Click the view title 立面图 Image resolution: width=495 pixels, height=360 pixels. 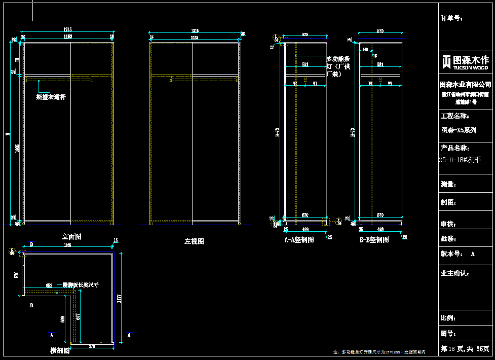click(x=71, y=236)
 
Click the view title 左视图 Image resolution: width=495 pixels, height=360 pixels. click(x=194, y=241)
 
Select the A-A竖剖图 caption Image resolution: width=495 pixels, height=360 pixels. click(x=299, y=240)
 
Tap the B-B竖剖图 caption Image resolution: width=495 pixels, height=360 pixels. click(x=374, y=240)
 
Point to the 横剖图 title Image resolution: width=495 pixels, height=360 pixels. click(x=60, y=351)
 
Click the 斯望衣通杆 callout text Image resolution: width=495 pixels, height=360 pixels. click(x=51, y=96)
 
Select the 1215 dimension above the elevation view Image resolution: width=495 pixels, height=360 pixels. click(x=67, y=29)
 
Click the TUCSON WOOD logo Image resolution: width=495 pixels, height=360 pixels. click(x=464, y=63)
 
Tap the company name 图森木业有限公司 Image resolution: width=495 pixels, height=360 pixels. click(x=465, y=84)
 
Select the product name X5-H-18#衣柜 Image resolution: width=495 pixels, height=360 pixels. click(x=460, y=160)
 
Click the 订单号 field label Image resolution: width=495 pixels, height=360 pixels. click(x=451, y=18)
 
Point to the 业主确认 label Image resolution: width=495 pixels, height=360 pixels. click(x=455, y=273)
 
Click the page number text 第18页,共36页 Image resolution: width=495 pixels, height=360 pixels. click(x=465, y=349)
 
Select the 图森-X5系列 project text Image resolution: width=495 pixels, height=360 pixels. click(x=459, y=130)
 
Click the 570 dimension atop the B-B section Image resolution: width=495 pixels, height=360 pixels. click(x=380, y=31)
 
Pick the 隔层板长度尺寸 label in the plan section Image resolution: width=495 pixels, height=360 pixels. click(x=80, y=285)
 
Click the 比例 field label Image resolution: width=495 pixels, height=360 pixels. click(x=448, y=318)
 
